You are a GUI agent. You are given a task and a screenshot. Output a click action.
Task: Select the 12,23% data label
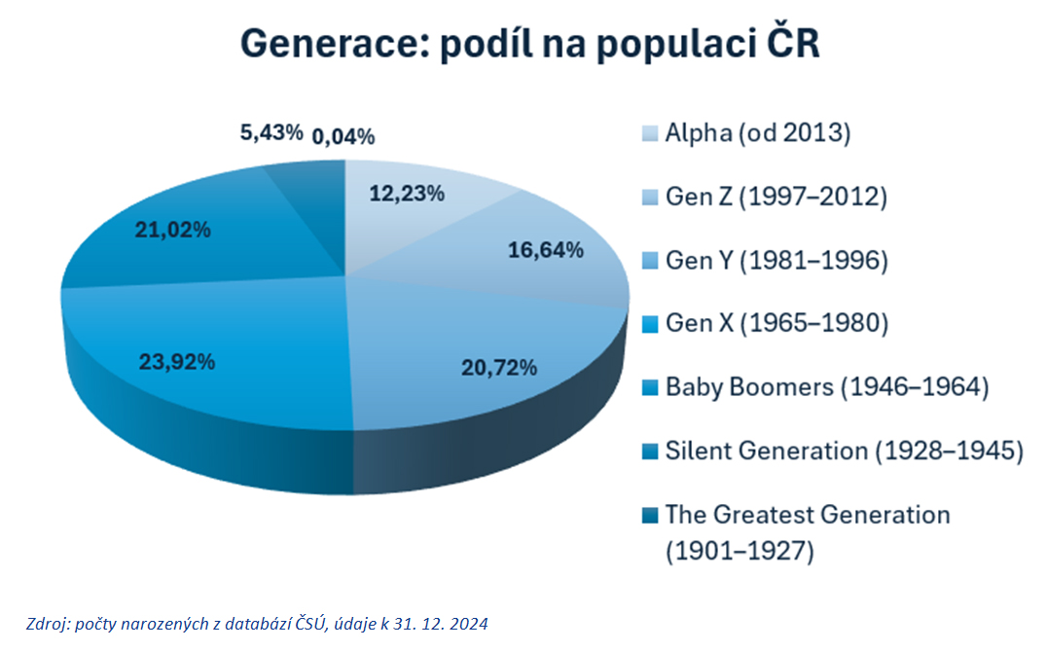407,194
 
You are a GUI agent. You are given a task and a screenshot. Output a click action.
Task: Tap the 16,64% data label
546,250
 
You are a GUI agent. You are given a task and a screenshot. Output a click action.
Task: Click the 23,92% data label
176,362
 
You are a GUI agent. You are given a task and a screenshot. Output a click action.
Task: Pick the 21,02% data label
173,230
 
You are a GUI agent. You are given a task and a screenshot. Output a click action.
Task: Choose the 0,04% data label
343,136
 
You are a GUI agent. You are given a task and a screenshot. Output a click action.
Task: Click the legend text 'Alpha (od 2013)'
758,133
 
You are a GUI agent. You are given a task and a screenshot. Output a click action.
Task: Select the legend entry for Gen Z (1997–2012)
777,197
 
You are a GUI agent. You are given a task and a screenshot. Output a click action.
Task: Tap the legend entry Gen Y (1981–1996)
777,260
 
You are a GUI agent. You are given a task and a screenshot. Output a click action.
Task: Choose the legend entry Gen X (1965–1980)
777,323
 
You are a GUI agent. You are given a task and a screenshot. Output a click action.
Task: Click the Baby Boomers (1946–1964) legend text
827,386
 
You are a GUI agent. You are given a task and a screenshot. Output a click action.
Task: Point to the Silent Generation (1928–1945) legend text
844,451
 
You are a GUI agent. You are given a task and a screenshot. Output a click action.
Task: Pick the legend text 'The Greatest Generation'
808,514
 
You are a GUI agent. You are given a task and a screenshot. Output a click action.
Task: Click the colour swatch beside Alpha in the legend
650,133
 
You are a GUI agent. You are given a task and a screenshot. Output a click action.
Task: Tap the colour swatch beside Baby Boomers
650,387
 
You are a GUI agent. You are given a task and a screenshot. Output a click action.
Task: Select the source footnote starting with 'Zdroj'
258,624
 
